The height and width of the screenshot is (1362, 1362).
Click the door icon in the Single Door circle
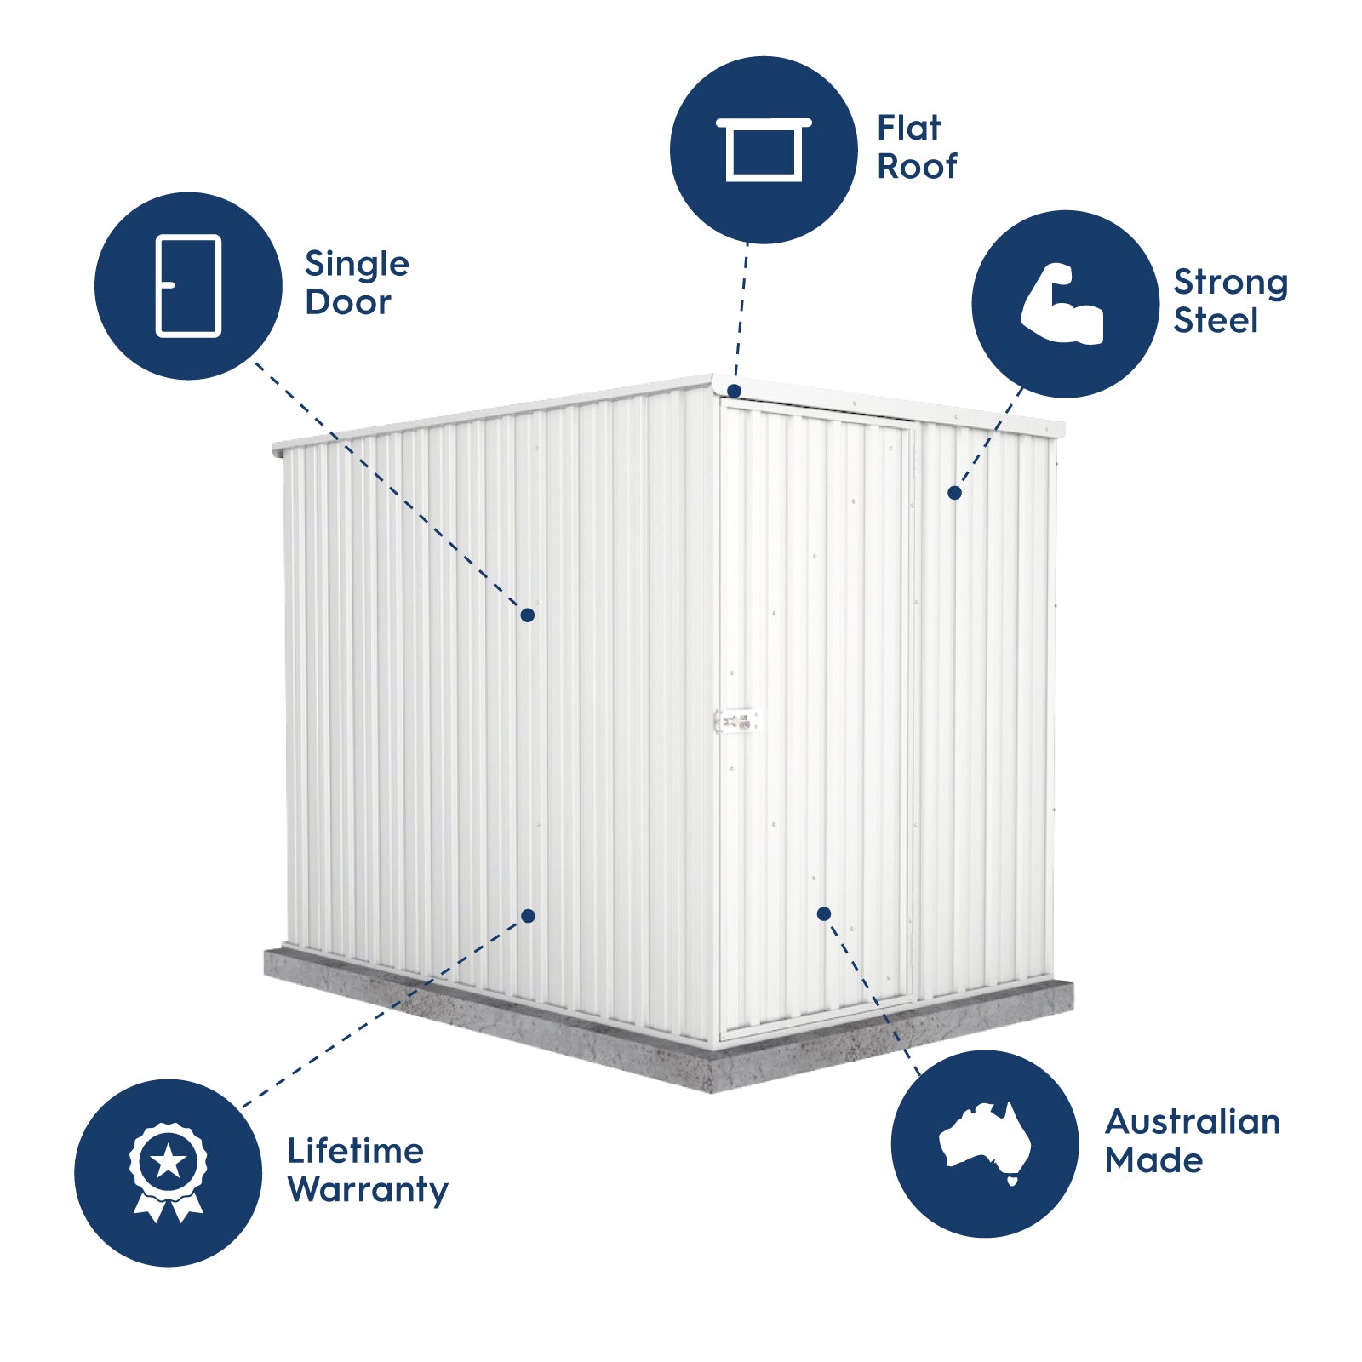pos(188,286)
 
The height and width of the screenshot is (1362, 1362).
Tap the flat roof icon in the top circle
pos(764,150)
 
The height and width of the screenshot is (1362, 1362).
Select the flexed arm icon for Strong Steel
pos(1063,304)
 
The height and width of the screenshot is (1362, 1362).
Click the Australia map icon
pos(985,1141)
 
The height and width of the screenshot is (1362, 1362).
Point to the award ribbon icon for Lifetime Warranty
pos(168,1171)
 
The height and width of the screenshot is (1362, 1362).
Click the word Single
pos(357,265)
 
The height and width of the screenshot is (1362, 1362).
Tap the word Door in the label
pos(347,302)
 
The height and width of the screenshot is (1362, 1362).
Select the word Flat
pos(908,129)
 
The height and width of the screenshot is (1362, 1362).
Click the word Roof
pos(917,167)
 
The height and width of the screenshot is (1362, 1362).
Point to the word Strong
pos(1230,283)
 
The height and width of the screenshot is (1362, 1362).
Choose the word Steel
pos(1215,321)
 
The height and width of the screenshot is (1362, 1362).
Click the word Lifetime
pos(355,1151)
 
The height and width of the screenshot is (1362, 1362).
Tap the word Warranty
pos(367,1190)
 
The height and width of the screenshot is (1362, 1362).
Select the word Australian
pos(1192,1122)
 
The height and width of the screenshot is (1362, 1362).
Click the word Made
pos(1153,1160)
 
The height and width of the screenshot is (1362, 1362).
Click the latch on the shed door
pos(735,722)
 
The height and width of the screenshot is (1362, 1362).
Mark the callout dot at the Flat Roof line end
pos(734,392)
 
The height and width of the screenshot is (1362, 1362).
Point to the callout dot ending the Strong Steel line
pos(954,493)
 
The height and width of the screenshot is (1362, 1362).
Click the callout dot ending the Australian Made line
pos(823,913)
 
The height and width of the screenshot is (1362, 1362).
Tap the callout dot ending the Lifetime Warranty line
pos(528,916)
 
